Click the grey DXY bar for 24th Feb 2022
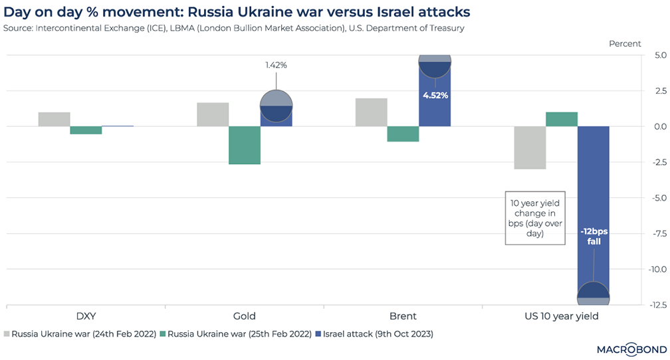coord(54,119)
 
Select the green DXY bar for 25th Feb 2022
coord(86,130)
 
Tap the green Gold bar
coord(245,145)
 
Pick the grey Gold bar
coord(213,114)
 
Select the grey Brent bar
coord(371,112)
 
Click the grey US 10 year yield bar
coord(530,147)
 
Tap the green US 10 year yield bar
coord(562,119)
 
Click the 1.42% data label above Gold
coord(276,65)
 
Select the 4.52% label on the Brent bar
coord(435,95)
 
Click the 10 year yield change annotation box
coord(530,218)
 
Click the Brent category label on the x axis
coord(403,316)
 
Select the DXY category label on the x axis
coord(85,316)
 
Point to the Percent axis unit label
coord(625,44)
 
